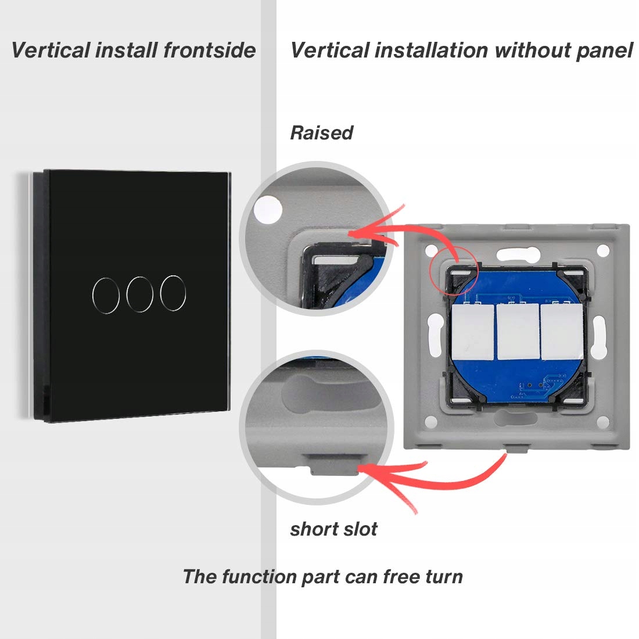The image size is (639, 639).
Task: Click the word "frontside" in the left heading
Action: coord(209,50)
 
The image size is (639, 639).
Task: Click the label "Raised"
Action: coord(321,132)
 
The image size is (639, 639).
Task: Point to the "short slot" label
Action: coord(333,529)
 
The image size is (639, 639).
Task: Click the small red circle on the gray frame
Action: coord(453,265)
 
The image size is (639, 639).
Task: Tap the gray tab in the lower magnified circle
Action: coord(333,464)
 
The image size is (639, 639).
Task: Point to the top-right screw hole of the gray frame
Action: coord(603,250)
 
